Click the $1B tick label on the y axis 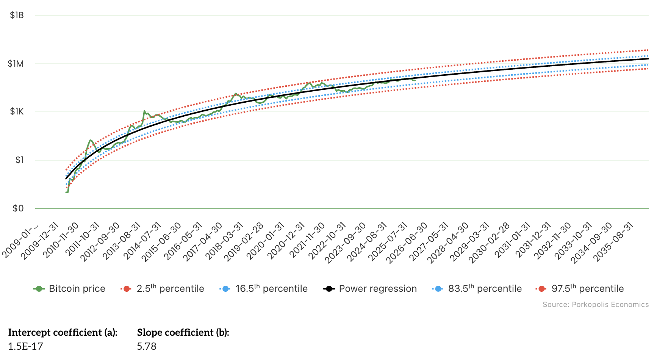(x=17, y=15)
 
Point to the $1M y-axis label (x=16, y=64)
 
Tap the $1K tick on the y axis (x=17, y=112)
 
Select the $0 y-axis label (x=18, y=208)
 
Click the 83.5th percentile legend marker (x=438, y=289)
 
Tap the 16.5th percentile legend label (x=271, y=289)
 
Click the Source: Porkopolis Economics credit (x=595, y=305)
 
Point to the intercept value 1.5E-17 (x=25, y=346)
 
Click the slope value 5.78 (x=147, y=346)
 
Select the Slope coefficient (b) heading (x=183, y=332)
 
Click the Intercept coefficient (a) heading (x=63, y=332)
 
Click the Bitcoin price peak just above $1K (x=144, y=111)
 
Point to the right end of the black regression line (x=648, y=59)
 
